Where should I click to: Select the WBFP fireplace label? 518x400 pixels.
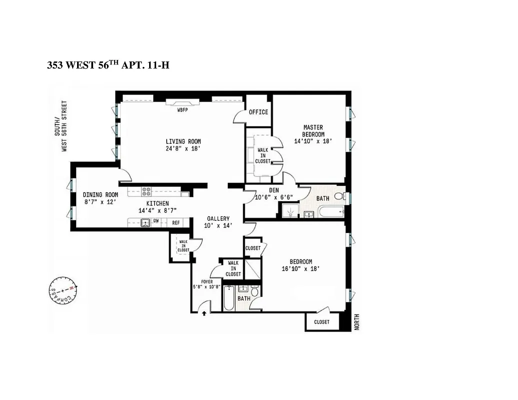(182, 109)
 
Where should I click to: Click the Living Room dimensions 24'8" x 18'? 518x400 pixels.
(183, 148)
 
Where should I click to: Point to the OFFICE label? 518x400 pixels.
(258, 112)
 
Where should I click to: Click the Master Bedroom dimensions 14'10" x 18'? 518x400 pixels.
(313, 141)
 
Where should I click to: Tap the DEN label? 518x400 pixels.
(273, 189)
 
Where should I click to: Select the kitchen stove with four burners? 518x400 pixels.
(147, 191)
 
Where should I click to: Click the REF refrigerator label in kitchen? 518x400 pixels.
(176, 223)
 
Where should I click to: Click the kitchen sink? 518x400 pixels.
(145, 223)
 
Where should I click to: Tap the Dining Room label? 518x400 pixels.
(100, 195)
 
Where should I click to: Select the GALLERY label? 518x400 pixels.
(219, 218)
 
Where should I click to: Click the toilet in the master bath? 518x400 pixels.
(339, 196)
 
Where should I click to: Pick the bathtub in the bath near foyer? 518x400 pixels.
(229, 298)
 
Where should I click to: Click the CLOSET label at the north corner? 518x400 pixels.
(322, 322)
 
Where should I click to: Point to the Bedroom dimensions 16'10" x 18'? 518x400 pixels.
(301, 268)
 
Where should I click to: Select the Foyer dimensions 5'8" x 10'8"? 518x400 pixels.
(207, 287)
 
